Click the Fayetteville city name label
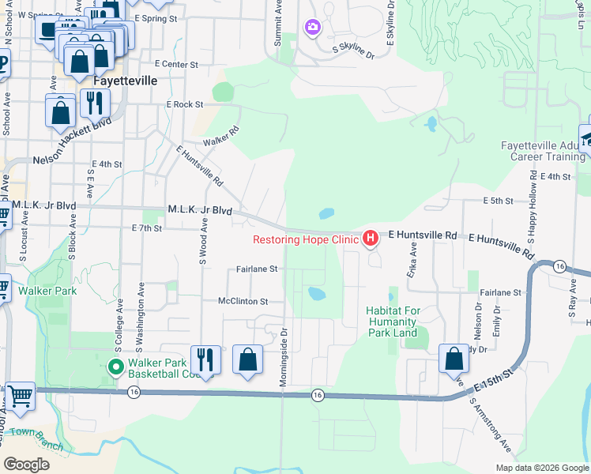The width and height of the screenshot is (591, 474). (124, 81)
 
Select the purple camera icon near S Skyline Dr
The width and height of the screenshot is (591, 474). (313, 28)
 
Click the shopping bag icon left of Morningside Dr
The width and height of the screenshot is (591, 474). (248, 360)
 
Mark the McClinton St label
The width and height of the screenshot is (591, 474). (243, 301)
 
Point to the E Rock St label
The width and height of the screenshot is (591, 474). (185, 104)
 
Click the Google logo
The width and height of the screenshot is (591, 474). (27, 464)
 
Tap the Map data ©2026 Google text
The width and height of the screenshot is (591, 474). (541, 467)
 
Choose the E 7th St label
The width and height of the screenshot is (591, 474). (147, 228)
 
